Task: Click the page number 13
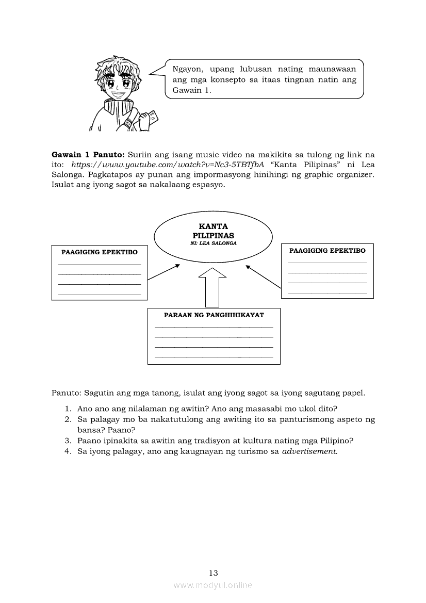[214, 573]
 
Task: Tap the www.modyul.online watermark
[213, 585]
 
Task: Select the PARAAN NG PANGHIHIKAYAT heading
[214, 315]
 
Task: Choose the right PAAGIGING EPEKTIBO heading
[327, 251]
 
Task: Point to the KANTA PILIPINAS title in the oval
[214, 231]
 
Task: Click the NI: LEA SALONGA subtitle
[214, 243]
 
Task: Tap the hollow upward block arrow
[212, 289]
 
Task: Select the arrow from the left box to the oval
[163, 272]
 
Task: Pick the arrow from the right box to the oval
[264, 275]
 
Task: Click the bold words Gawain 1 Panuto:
[88, 154]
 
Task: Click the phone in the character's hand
[152, 121]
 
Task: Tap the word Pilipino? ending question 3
[337, 441]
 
